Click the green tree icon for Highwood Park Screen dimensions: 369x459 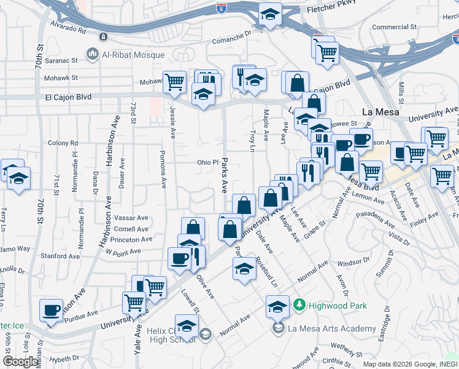click(299, 304)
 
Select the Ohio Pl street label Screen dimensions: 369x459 click(207, 162)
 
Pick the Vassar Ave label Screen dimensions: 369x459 click(133, 218)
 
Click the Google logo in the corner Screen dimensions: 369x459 click(21, 362)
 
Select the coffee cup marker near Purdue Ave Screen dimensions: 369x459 click(52, 309)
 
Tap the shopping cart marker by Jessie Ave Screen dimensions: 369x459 click(175, 81)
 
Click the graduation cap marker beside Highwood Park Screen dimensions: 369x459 click(277, 305)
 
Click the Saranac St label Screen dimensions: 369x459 click(61, 61)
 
